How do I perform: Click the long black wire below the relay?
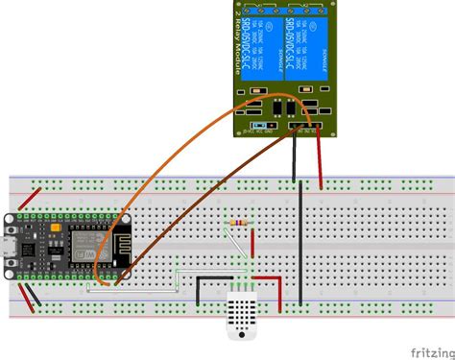tap(301, 240)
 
